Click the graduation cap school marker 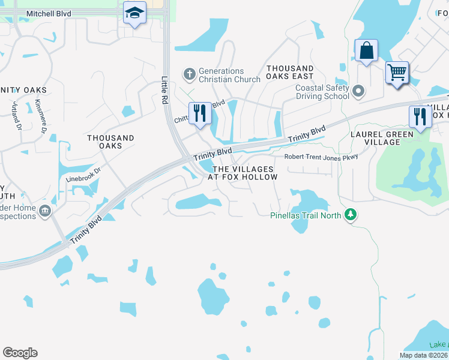click(x=135, y=13)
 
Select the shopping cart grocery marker click(x=397, y=73)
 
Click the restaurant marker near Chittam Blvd click(x=200, y=113)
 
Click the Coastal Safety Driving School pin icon click(x=359, y=92)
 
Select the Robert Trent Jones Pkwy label click(x=321, y=157)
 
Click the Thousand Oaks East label click(x=290, y=73)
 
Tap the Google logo click(x=20, y=353)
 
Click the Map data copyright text click(x=423, y=355)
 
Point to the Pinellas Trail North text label click(x=306, y=215)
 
